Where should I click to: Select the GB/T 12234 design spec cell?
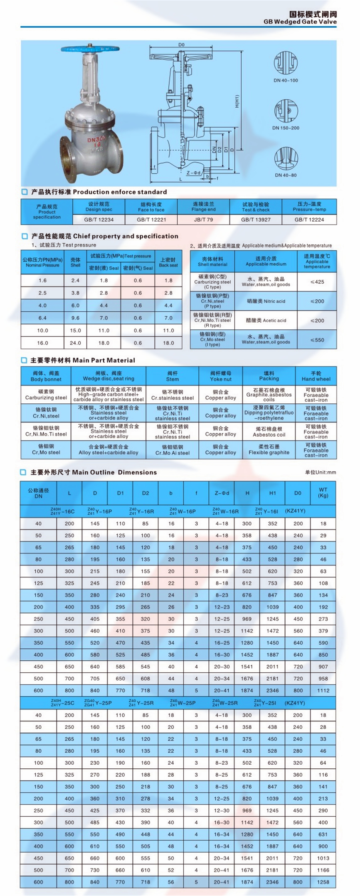pyautogui.click(x=99, y=220)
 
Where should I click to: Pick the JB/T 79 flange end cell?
pyautogui.click(x=203, y=220)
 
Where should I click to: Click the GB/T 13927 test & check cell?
pyautogui.click(x=256, y=220)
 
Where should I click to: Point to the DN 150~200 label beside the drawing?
pyautogui.click(x=286, y=128)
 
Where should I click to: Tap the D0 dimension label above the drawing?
pyautogui.click(x=181, y=44)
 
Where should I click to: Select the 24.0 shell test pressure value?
pyautogui.click(x=75, y=343)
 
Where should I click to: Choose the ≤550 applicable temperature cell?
pyautogui.click(x=317, y=340)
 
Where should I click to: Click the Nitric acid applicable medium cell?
pyautogui.click(x=266, y=301)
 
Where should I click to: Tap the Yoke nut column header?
pyautogui.click(x=220, y=376)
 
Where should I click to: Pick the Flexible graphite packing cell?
pyautogui.click(x=269, y=449)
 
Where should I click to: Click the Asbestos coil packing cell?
pyautogui.click(x=269, y=431)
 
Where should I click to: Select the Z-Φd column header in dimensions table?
pyautogui.click(x=222, y=493)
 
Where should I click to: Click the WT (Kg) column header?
pyautogui.click(x=323, y=493)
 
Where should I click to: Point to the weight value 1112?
pyautogui.click(x=323, y=690)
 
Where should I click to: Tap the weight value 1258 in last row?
pyautogui.click(x=323, y=882)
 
